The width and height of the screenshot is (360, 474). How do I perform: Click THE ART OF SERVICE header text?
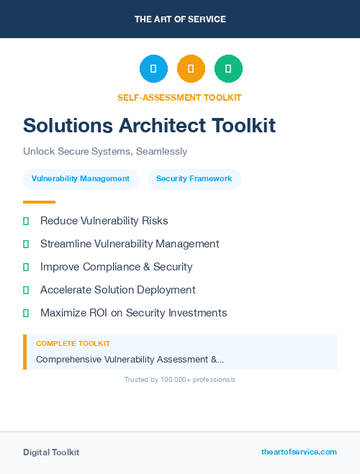point(180,19)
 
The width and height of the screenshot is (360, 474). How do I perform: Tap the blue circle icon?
point(153,69)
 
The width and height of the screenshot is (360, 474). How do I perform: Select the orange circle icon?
point(191,69)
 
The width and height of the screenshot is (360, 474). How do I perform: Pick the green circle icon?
point(228,69)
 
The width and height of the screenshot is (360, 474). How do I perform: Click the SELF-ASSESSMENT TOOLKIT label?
point(179,97)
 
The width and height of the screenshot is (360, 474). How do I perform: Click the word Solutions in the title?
point(67,125)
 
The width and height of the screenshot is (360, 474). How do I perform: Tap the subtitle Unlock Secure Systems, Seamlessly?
point(105,152)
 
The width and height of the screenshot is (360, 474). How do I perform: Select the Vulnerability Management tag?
point(81,179)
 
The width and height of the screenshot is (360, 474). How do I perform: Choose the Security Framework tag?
point(194,179)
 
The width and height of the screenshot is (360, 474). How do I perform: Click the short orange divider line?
point(39,202)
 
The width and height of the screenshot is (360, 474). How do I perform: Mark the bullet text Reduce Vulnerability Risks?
point(104,221)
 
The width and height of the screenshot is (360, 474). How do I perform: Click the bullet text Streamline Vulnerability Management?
point(130,244)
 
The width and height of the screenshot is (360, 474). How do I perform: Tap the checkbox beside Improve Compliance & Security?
point(26,267)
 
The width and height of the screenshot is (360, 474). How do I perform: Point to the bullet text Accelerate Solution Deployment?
point(118,290)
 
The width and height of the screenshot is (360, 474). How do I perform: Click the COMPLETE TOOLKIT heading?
point(73,344)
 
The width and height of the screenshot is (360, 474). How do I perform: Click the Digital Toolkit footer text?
point(51,452)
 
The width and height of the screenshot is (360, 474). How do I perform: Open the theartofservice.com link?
point(299,452)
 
